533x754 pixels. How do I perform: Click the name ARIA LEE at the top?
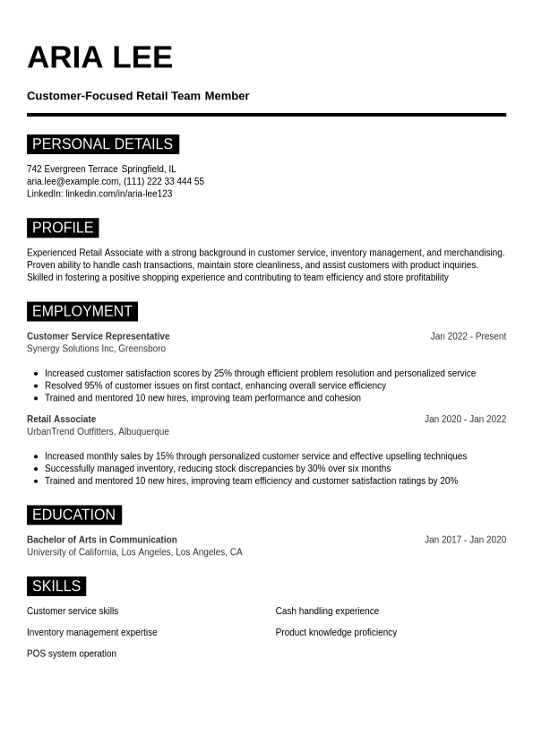point(99,57)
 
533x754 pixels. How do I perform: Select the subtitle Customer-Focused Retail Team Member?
point(138,96)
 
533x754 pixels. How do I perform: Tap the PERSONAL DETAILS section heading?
point(102,144)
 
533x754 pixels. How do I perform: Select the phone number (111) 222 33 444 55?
point(164,181)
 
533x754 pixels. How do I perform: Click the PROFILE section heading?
point(63,228)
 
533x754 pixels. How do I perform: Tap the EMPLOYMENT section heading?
point(82,311)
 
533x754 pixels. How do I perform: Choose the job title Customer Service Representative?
point(98,336)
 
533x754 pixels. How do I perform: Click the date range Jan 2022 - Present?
point(468,336)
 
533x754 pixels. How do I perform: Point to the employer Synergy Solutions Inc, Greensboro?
point(96,349)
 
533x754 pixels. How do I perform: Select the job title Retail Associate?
point(61,419)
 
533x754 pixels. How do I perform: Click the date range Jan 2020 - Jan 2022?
point(465,419)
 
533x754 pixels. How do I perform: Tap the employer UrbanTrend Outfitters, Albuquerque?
point(98,431)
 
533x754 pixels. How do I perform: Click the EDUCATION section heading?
point(73,515)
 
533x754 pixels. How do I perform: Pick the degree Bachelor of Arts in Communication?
point(101,540)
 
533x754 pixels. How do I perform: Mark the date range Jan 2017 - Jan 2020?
point(465,540)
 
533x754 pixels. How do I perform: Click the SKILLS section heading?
point(56,586)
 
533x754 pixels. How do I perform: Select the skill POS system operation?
point(72,654)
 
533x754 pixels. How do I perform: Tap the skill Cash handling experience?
point(327,611)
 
